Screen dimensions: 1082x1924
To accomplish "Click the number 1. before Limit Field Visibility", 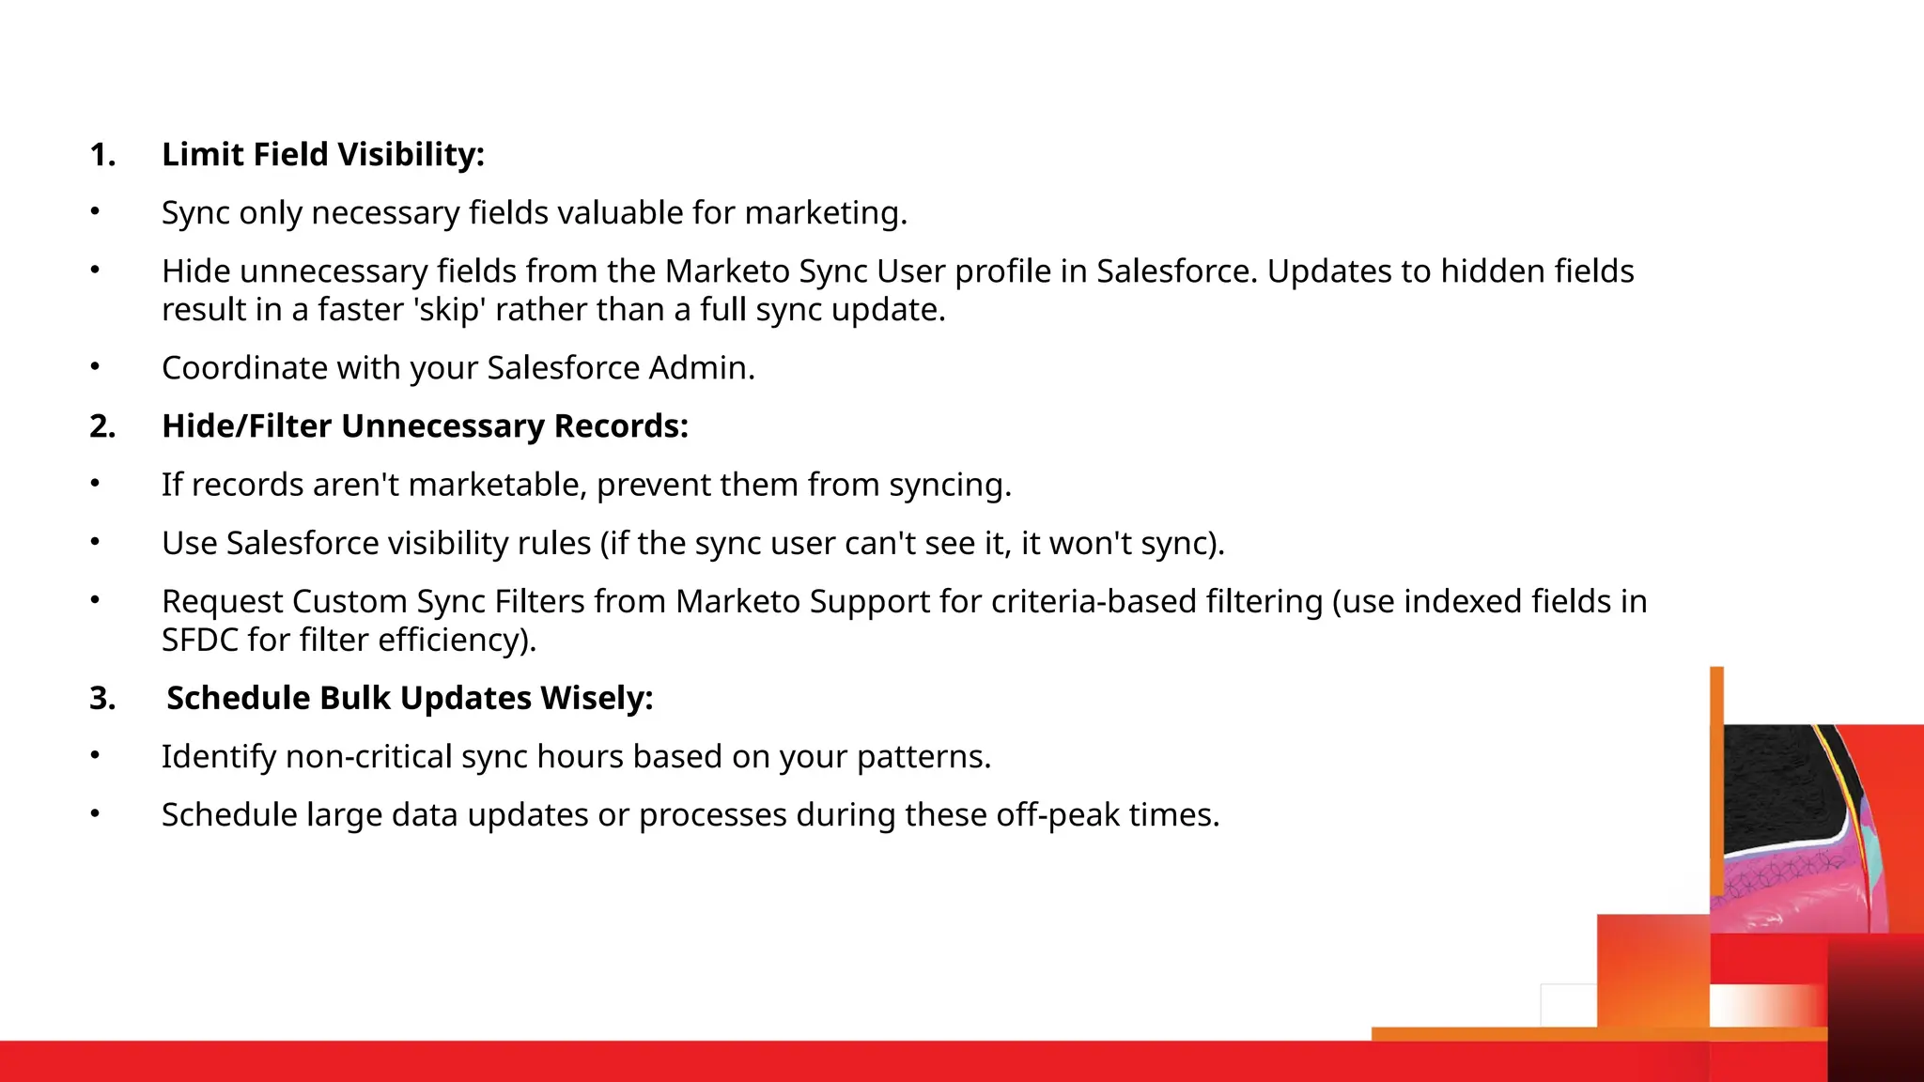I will coord(102,155).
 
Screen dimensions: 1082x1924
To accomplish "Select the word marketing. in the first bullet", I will coord(826,213).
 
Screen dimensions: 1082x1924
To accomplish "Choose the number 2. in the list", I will coord(102,426).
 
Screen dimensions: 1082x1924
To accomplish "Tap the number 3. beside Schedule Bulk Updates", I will coord(102,699).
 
